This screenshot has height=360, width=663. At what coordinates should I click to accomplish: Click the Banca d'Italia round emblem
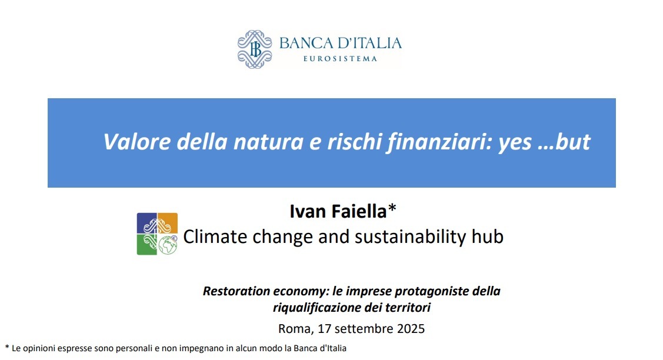(x=255, y=50)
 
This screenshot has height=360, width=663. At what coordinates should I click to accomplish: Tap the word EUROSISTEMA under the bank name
(x=339, y=59)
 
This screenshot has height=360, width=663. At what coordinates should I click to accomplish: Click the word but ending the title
(x=572, y=142)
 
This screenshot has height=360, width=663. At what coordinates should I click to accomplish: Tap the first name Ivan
(x=304, y=211)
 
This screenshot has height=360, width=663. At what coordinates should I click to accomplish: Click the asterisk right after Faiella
(x=392, y=209)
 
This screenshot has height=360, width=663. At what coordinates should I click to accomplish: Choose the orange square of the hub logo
(x=168, y=223)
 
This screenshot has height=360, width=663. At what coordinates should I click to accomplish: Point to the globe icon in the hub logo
(x=168, y=245)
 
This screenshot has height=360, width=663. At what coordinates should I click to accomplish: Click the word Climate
(x=215, y=236)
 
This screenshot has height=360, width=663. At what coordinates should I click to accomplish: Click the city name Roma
(x=292, y=328)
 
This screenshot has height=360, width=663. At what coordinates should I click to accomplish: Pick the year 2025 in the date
(x=409, y=328)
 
